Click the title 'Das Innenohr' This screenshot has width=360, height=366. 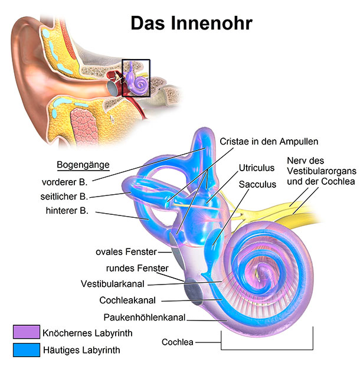point(191,23)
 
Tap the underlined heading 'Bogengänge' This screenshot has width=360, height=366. point(83,165)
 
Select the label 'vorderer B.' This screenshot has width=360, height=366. point(65,182)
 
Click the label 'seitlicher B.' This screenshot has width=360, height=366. point(64,197)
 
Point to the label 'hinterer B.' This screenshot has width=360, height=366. point(67,211)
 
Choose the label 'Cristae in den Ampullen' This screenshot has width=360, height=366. point(269,142)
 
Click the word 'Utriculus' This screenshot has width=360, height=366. point(256,168)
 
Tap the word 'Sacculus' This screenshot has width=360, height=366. point(257,184)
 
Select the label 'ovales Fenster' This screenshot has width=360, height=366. point(126,251)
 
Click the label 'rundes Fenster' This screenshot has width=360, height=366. point(137,268)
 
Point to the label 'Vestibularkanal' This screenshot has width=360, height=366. point(113,284)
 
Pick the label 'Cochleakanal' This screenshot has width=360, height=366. point(127,300)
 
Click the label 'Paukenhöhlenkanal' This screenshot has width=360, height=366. point(145,318)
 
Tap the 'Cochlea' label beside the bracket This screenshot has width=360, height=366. point(177,342)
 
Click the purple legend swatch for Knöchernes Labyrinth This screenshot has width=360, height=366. point(27,332)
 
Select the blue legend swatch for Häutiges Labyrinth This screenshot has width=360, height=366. point(27,349)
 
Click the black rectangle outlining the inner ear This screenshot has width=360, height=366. point(122,78)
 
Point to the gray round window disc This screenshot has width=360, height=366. point(194,291)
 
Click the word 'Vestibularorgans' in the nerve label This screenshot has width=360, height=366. point(322,171)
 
